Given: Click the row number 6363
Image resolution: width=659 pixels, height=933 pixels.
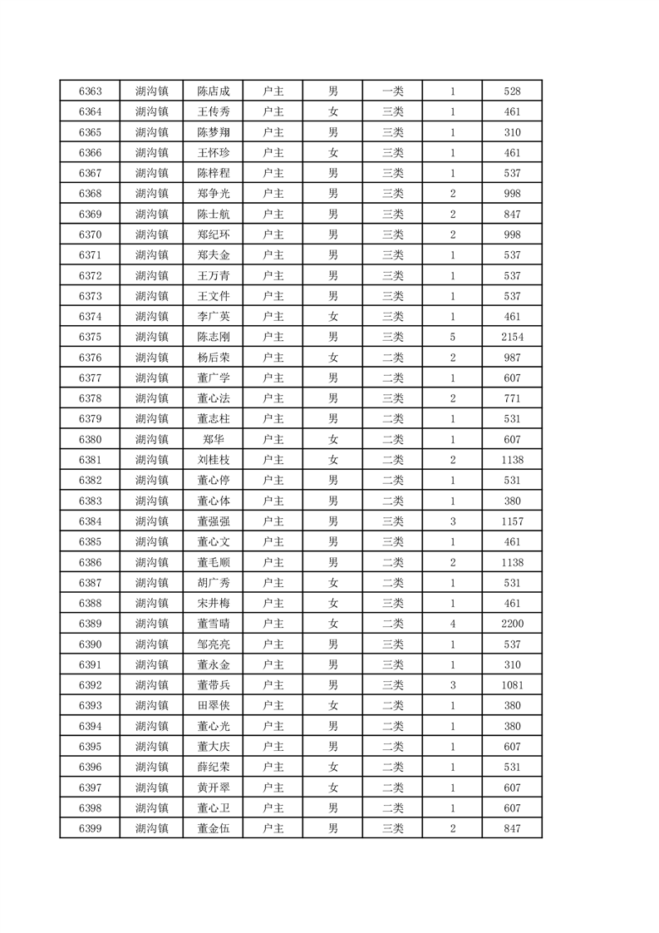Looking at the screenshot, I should (x=90, y=91).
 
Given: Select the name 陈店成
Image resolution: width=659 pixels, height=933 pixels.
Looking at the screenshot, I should (x=214, y=91).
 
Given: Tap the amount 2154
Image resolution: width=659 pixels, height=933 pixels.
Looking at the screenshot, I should (x=512, y=337).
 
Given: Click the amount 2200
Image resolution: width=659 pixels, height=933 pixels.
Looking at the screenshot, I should (x=512, y=624).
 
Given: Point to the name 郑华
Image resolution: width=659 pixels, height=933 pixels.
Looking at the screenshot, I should (x=214, y=440).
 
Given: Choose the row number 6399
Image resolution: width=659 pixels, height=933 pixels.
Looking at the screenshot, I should (x=90, y=828).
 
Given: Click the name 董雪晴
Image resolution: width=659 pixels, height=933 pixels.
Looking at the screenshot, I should (x=214, y=624).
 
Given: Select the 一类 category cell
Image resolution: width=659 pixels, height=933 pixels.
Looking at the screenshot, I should (x=392, y=91).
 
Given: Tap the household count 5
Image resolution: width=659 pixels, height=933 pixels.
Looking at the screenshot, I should (x=453, y=337).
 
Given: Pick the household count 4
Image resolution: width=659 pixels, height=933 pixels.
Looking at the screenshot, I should (x=453, y=624).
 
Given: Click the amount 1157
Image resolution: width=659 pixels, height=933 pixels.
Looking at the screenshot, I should (x=512, y=521).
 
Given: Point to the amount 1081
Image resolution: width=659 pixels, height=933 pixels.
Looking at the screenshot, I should (x=512, y=685).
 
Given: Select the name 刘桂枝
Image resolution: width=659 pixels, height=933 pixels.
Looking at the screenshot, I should (x=214, y=460).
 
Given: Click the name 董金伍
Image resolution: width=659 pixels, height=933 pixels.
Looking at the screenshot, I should (x=214, y=828).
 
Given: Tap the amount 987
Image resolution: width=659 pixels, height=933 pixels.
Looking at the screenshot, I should (x=512, y=358).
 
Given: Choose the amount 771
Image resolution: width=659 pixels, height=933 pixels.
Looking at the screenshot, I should (x=512, y=398).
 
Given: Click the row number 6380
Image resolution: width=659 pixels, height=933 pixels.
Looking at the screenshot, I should (x=90, y=440).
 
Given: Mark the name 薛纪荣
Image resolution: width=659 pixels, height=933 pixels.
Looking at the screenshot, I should (x=214, y=767).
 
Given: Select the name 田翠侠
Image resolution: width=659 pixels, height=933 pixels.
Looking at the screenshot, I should (x=214, y=705).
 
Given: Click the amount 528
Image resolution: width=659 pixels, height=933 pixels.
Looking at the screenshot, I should (x=512, y=91).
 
